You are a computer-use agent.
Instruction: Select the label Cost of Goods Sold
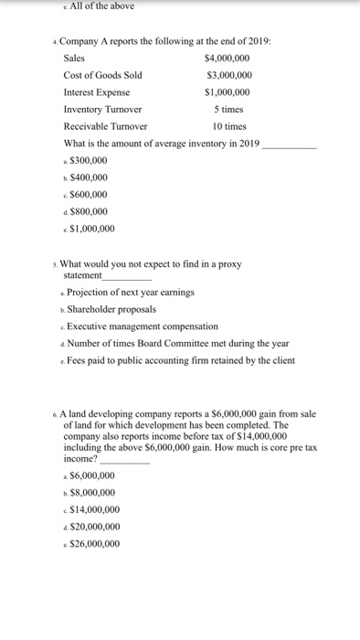pos(102,75)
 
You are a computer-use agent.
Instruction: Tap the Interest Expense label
pos(96,92)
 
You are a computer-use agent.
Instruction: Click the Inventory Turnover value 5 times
pos(229,110)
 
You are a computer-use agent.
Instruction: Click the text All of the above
pos(101,6)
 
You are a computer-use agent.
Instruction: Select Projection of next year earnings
pos(131,293)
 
